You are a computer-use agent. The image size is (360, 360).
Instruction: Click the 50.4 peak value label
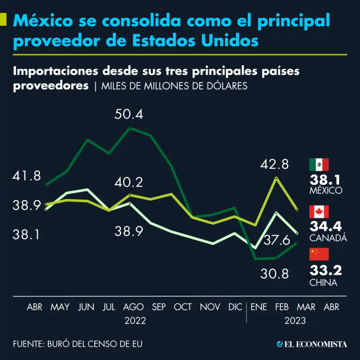point(129,114)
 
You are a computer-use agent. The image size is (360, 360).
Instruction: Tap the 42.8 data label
point(275,164)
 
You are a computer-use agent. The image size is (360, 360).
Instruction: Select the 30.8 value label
point(275,274)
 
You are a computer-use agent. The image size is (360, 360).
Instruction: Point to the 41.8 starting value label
point(27,176)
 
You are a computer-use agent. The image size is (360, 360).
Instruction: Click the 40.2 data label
point(129,182)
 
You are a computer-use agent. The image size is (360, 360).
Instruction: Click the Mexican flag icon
point(319,165)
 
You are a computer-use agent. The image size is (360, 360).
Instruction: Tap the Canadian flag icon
point(319,211)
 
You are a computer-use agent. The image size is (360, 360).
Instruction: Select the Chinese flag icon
point(319,254)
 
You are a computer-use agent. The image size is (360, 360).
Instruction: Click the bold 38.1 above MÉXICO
point(325,180)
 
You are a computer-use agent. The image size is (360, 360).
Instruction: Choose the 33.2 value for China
point(325,270)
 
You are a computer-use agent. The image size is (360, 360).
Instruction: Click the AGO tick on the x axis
point(133,307)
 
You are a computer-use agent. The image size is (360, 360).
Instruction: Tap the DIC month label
point(235,307)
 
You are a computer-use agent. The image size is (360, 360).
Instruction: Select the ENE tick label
point(259,307)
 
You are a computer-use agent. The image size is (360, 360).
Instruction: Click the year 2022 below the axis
point(135,321)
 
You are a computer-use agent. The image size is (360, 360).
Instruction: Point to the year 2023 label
point(295,321)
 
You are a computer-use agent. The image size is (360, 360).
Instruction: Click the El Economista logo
point(312,344)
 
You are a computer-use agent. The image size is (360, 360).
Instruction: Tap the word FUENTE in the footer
point(28,344)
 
